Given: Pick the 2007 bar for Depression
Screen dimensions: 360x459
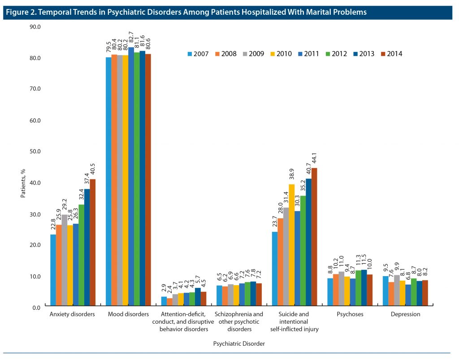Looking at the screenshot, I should pyautogui.click(x=385, y=291).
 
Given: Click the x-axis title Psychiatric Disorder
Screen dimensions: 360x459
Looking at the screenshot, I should pyautogui.click(x=238, y=344).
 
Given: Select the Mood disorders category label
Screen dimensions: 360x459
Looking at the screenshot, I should pyautogui.click(x=128, y=314).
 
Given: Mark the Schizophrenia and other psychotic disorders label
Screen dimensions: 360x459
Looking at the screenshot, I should pyautogui.click(x=239, y=321).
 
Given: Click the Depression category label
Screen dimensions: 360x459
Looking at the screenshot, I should pyautogui.click(x=405, y=314).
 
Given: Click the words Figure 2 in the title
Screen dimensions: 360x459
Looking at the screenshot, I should pyautogui.click(x=20, y=12).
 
